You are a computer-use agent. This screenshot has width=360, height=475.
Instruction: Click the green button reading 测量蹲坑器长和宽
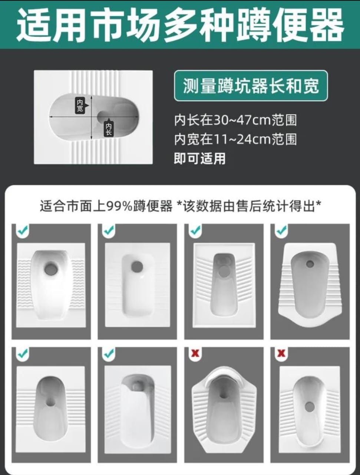point(251,86)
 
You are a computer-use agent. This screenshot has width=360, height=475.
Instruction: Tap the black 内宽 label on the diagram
point(80,105)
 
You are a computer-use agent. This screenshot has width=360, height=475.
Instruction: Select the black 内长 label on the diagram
point(108,129)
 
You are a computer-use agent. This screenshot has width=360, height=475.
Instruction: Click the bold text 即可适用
point(200,158)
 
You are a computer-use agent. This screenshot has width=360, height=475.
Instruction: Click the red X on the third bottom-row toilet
point(195,353)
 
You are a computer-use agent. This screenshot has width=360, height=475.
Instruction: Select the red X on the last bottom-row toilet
point(281,353)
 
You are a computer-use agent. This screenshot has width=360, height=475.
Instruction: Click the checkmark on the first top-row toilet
point(22,230)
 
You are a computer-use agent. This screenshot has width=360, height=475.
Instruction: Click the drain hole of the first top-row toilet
point(50,269)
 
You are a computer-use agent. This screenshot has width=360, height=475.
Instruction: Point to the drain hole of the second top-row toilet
point(137,266)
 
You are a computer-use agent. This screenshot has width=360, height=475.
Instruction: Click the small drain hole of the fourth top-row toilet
point(310,264)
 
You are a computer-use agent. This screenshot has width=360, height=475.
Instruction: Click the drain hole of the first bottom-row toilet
point(50,402)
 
